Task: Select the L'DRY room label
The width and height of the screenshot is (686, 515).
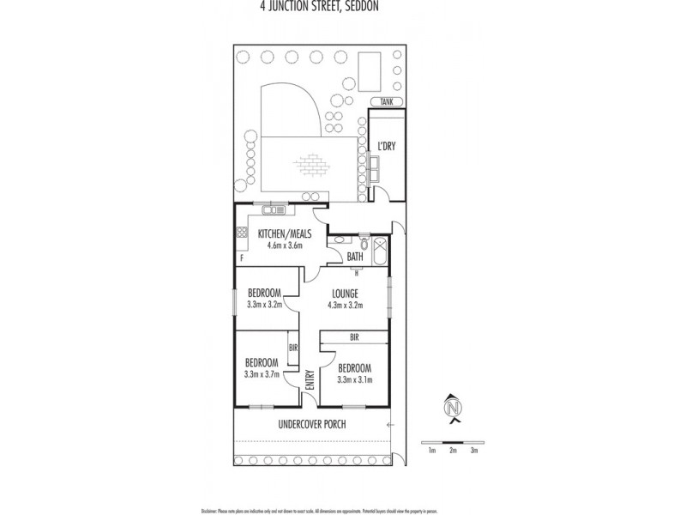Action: [x=386, y=147]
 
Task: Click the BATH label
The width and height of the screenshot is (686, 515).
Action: [x=355, y=256]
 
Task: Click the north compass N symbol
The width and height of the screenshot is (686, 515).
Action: [x=453, y=407]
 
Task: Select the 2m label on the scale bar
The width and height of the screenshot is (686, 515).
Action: [x=453, y=450]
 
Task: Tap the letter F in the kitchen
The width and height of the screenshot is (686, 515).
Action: [x=242, y=256]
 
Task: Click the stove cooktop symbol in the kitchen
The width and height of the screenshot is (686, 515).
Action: [x=240, y=231]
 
